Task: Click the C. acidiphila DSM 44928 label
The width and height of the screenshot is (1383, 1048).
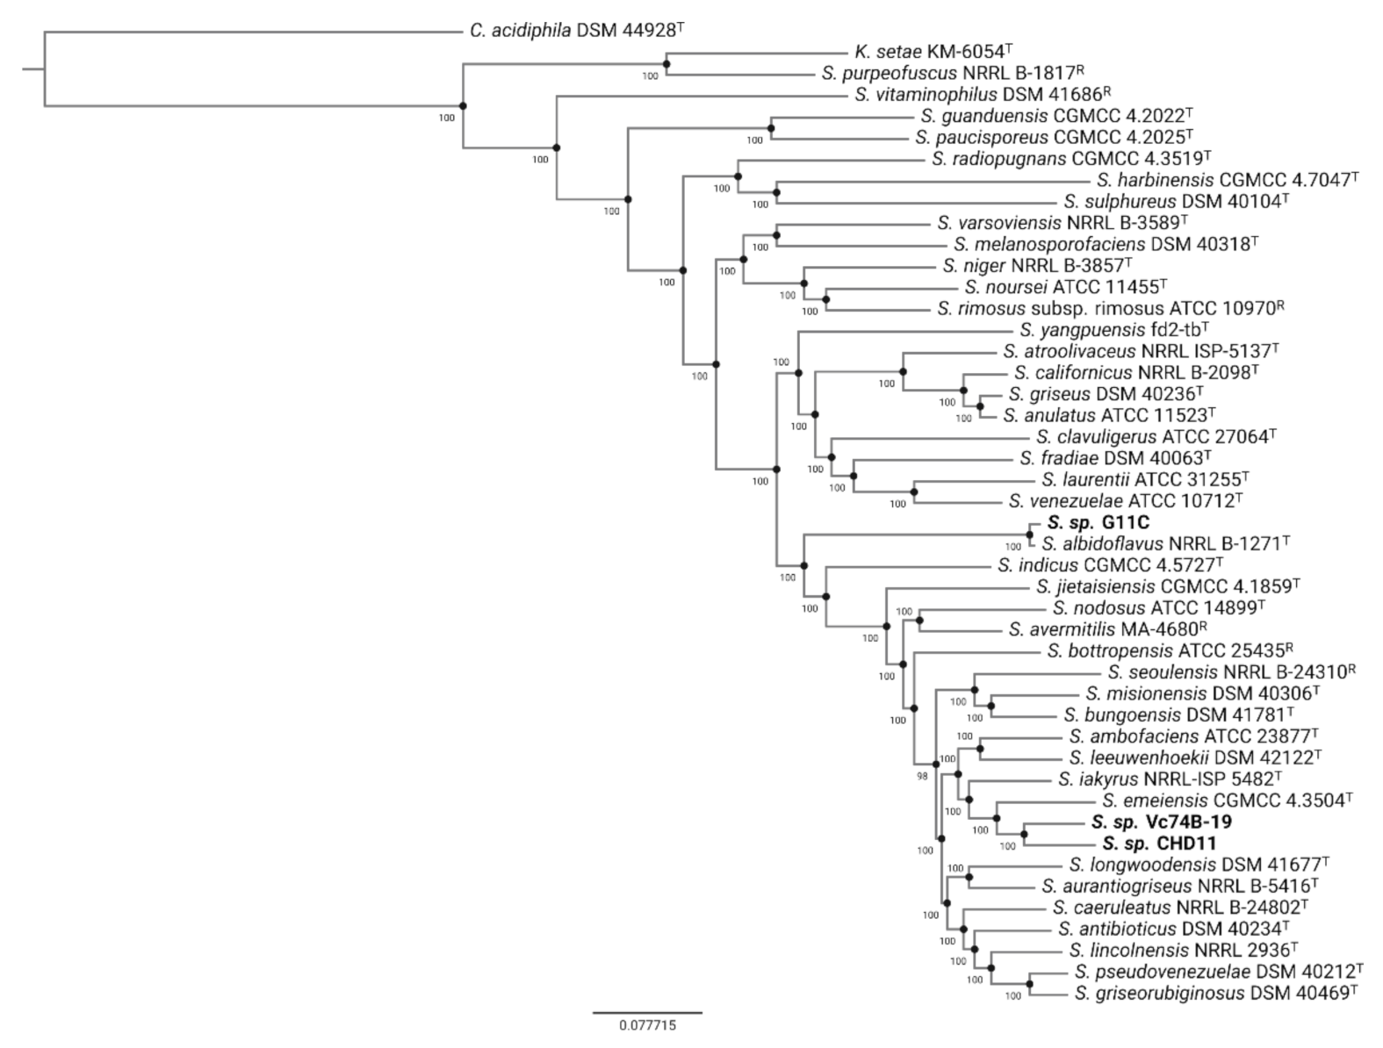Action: (576, 31)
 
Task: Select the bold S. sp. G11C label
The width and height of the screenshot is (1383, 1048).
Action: (1085, 523)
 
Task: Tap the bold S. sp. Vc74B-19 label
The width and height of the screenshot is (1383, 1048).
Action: (1161, 822)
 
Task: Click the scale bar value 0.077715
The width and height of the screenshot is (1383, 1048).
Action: (648, 1025)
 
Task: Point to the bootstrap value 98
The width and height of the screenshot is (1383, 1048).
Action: (922, 776)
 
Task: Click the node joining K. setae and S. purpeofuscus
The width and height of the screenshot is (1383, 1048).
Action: (666, 64)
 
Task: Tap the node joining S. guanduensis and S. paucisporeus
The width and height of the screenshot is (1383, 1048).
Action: (771, 128)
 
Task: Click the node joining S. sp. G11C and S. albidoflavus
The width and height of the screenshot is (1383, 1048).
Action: (1029, 534)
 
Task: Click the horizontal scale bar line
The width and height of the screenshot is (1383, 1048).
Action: (647, 1012)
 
